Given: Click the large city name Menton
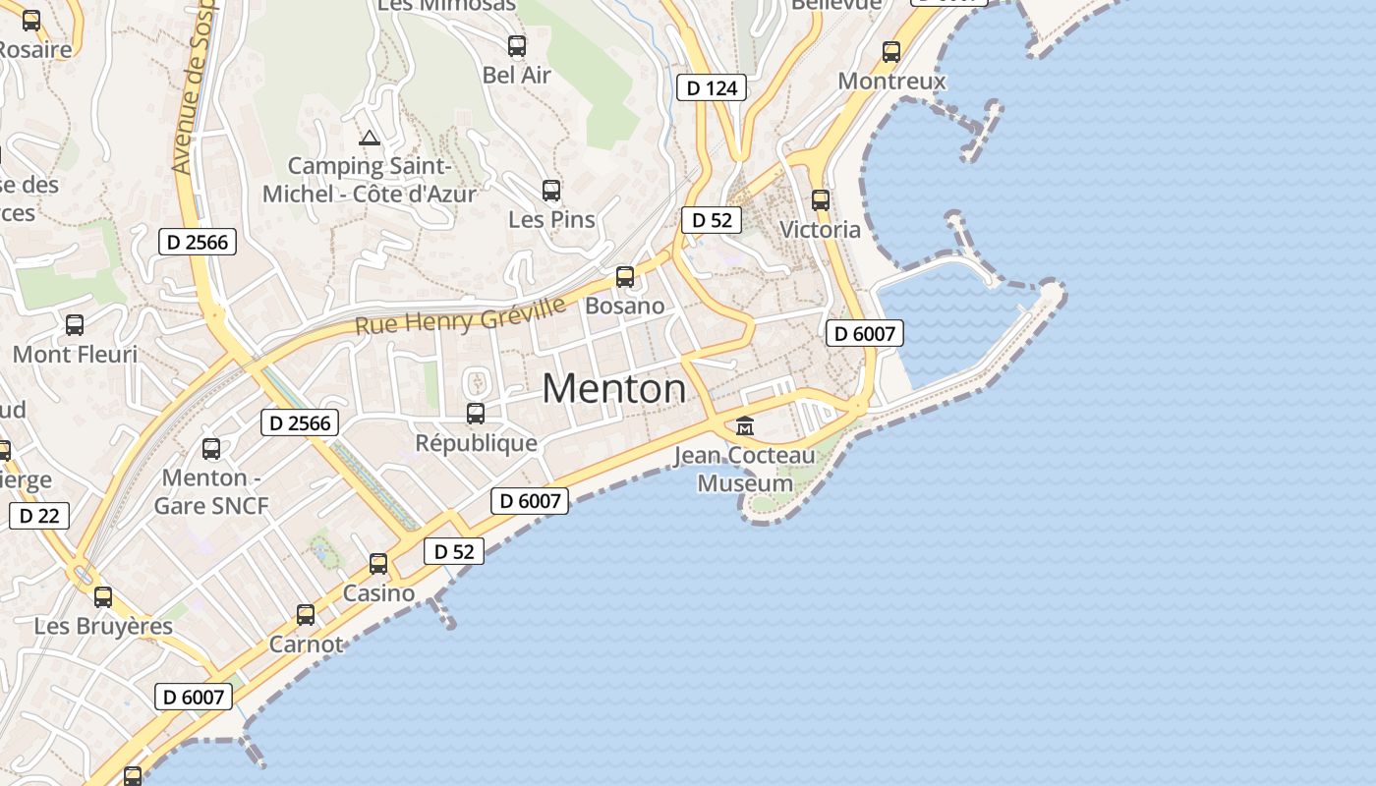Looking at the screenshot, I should pos(614,389).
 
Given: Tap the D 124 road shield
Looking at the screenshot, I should pos(712,87).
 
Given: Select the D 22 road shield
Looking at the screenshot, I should pos(39,515).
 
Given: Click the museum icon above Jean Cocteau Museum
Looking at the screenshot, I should pos(745,426).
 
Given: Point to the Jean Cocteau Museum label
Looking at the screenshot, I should pos(745,470).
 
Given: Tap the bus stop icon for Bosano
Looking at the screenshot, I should pos(625,277).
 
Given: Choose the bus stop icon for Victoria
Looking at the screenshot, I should pos(821,200).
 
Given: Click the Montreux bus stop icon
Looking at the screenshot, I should pos(891,52).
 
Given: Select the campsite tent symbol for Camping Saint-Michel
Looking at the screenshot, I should pos(370,138).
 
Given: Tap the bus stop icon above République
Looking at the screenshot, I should pos(476,414).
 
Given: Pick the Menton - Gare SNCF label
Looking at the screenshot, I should pos(211,492).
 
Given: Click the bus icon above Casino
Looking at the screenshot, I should pos(378,564).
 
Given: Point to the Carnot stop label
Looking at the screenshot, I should pos(307,645).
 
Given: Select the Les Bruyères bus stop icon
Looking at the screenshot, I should pos(103,596).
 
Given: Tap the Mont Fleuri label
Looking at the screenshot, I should pos(76,354).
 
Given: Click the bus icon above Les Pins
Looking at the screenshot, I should pos(551,191).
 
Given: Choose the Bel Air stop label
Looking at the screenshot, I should pos(517,75).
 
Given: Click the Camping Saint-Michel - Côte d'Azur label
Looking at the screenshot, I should pos(370,180).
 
